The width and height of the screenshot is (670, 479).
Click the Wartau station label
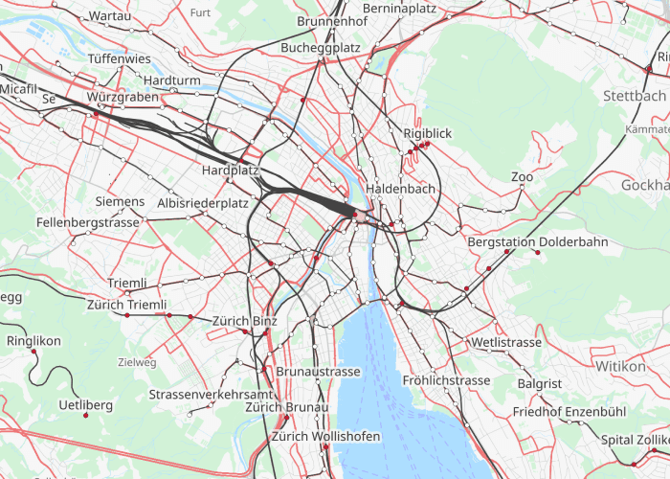109,16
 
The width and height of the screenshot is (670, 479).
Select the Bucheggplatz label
321,47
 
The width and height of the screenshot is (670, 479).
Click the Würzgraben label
122,98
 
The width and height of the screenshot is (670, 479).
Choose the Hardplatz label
231,170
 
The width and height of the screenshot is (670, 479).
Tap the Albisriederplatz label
202,203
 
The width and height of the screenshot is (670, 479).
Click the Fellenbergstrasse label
88,221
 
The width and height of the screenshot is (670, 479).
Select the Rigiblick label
427,133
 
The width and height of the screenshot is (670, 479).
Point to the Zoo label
522,177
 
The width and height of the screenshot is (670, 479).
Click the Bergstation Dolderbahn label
538,241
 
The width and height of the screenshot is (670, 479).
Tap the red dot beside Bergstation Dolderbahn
538,253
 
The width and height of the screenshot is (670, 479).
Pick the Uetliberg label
85,405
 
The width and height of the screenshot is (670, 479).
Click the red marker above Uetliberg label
86,416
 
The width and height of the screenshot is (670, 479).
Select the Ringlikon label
33,340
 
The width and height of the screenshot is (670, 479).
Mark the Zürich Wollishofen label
325,436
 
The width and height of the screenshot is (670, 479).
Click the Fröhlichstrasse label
446,380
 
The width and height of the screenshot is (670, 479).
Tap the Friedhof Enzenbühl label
569,411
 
